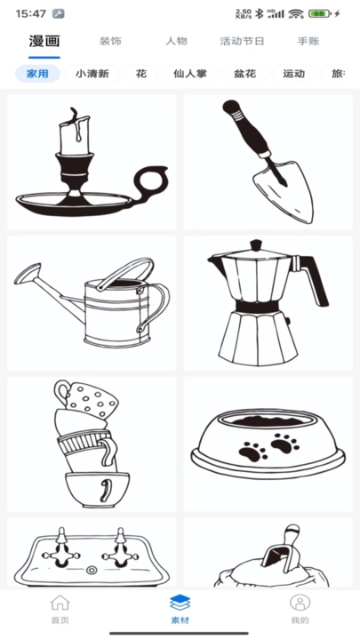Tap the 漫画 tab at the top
pyautogui.click(x=44, y=41)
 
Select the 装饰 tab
pyautogui.click(x=110, y=41)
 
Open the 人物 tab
pyautogui.click(x=176, y=41)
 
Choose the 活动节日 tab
pyautogui.click(x=242, y=41)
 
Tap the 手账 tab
pyautogui.click(x=308, y=41)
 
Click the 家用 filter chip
pyautogui.click(x=37, y=74)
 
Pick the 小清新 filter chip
pyautogui.click(x=92, y=74)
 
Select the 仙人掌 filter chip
pyautogui.click(x=190, y=74)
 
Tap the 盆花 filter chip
pyautogui.click(x=245, y=74)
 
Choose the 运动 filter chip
pyautogui.click(x=294, y=74)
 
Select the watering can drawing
pyautogui.click(x=92, y=303)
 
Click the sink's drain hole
pyautogui.click(x=92, y=570)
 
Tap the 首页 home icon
pyautogui.click(x=60, y=603)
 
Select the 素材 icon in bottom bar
pyautogui.click(x=180, y=603)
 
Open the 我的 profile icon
pyautogui.click(x=300, y=603)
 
